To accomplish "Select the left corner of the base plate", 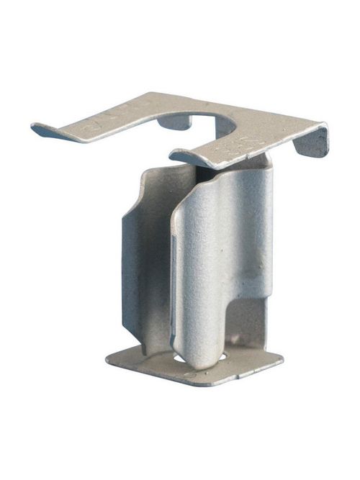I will (110, 358).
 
